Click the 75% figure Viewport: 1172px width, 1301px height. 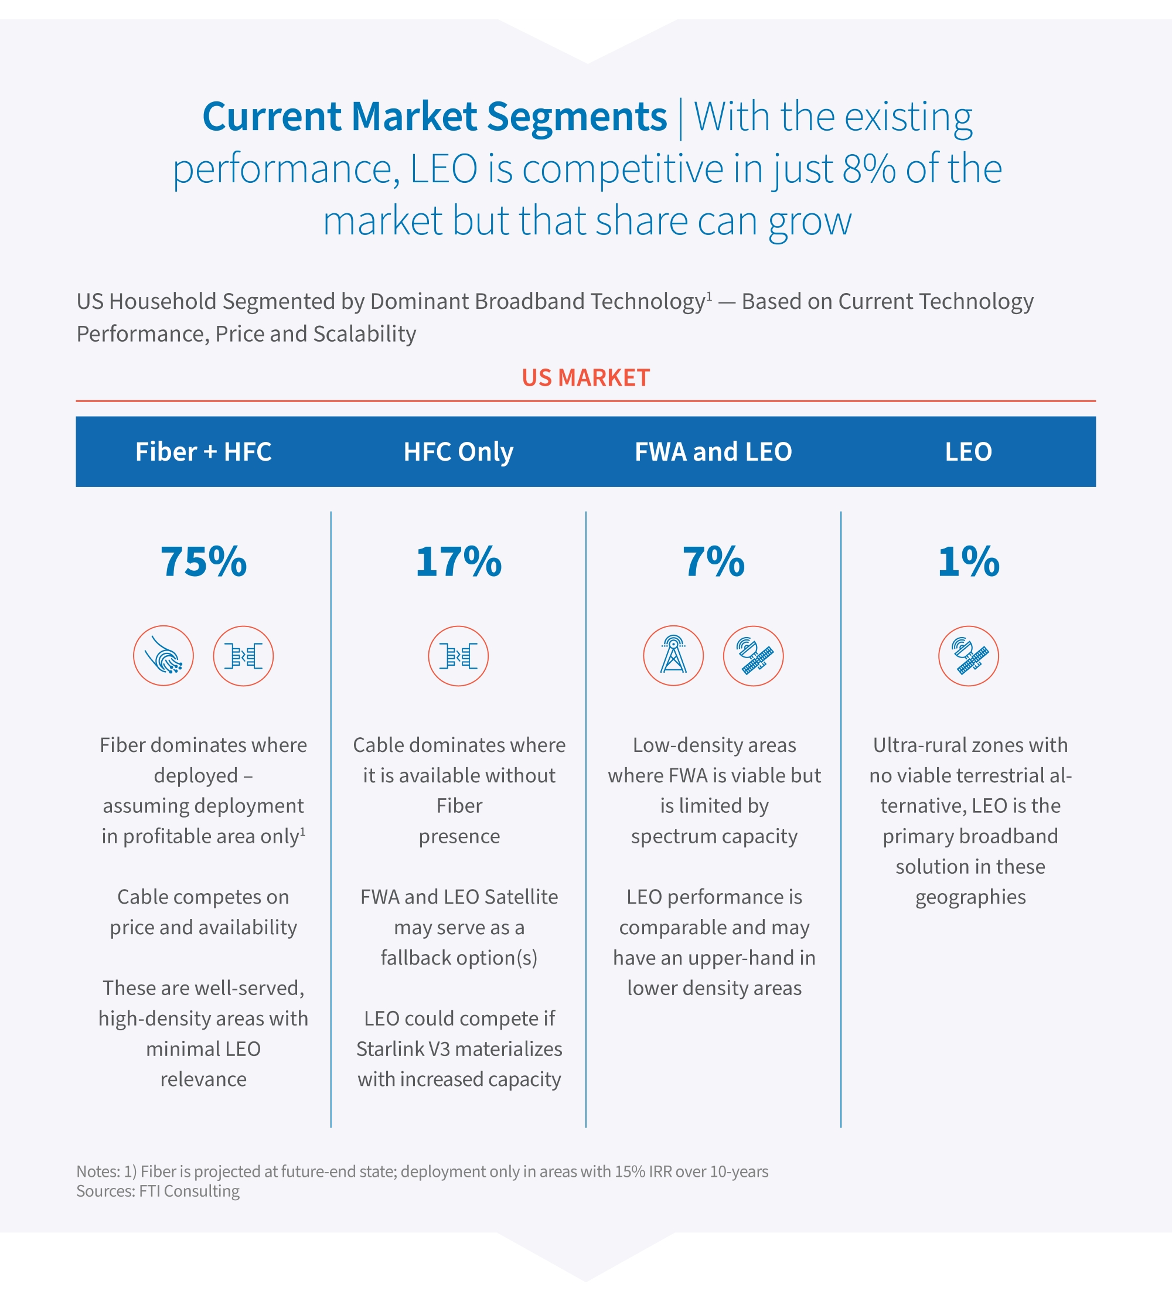pyautogui.click(x=203, y=561)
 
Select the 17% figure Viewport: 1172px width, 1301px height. pyautogui.click(x=458, y=561)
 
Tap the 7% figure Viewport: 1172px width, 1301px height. pyautogui.click(x=714, y=561)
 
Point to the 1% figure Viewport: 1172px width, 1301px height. pyautogui.click(x=968, y=561)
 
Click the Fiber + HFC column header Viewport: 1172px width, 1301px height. pyautogui.click(x=203, y=451)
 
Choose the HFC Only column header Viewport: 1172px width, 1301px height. pyautogui.click(x=458, y=451)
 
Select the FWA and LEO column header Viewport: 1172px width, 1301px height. pyautogui.click(x=714, y=451)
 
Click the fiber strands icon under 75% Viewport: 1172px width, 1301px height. pyautogui.click(x=163, y=656)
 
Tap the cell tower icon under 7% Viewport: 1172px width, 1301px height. pyautogui.click(x=673, y=656)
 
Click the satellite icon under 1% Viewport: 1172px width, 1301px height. pyautogui.click(x=968, y=656)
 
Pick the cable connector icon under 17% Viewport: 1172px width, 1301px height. pyautogui.click(x=458, y=656)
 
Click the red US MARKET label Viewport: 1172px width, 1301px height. pyautogui.click(x=585, y=377)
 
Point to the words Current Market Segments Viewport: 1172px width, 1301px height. pyautogui.click(x=435, y=117)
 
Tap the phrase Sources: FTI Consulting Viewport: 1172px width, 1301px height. pyautogui.click(x=158, y=1191)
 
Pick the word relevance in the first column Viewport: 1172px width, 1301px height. pyautogui.click(x=203, y=1079)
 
